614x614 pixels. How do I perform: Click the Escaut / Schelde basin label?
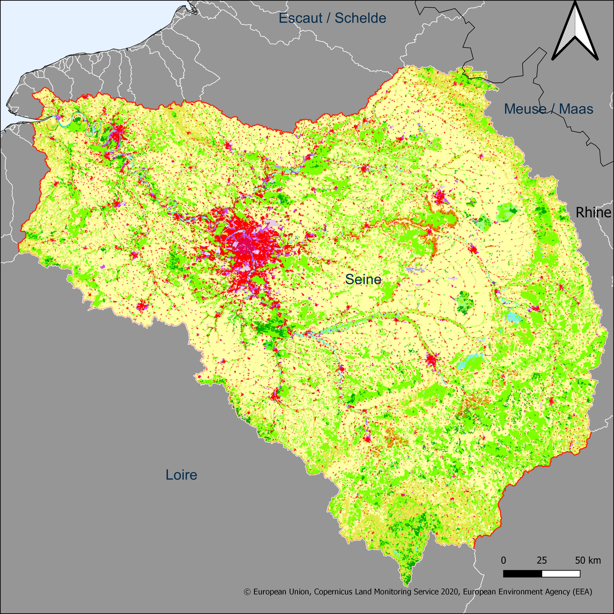(x=332, y=18)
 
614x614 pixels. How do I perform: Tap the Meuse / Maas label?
(x=548, y=109)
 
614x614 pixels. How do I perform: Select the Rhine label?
(x=593, y=213)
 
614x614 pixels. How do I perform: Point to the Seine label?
(x=363, y=280)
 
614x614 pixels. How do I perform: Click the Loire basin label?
(x=182, y=475)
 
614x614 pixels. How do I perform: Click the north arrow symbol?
(x=575, y=31)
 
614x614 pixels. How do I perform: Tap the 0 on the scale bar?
(x=504, y=560)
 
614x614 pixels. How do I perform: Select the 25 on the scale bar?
(x=542, y=560)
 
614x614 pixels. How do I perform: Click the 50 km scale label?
(x=588, y=560)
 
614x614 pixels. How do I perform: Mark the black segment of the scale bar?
(x=523, y=574)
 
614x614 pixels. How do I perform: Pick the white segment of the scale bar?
(x=561, y=574)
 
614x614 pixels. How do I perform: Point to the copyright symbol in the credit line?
(x=247, y=592)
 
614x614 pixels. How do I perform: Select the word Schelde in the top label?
(x=361, y=18)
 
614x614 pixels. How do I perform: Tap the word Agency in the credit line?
(x=553, y=592)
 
